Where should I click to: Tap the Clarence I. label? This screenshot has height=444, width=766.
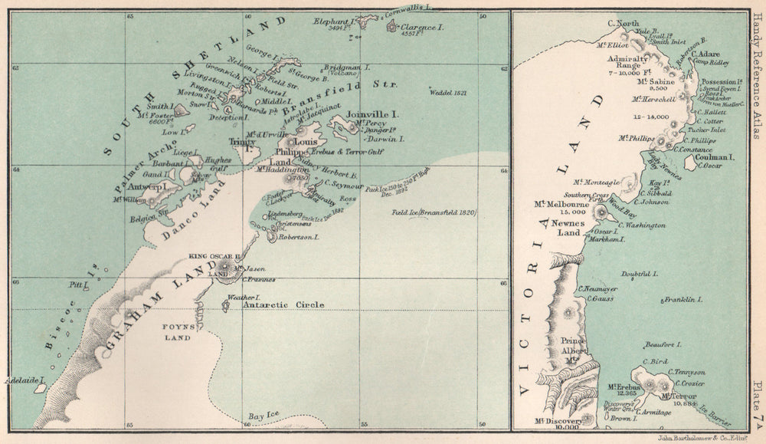point(421,28)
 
